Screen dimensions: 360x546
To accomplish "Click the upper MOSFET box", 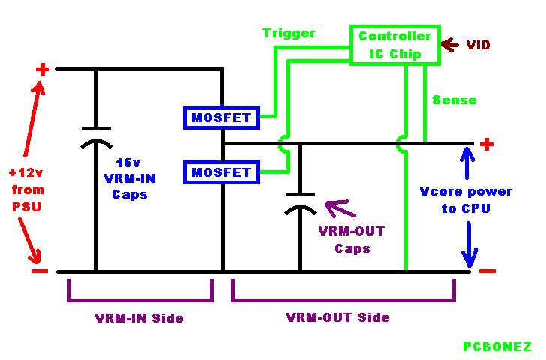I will [221, 118].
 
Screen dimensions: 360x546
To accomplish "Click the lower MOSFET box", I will [221, 172].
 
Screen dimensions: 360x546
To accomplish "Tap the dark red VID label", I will [478, 46].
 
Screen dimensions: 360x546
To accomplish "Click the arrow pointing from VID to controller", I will [449, 45].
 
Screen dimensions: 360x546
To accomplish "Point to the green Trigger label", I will [289, 34].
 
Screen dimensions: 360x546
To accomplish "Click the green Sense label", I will [454, 100].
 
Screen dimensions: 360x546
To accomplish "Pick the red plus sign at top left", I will [42, 70].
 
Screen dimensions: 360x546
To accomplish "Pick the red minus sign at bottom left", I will [40, 271].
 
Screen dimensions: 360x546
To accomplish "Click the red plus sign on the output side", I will [487, 143].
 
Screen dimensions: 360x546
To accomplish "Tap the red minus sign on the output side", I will [487, 271].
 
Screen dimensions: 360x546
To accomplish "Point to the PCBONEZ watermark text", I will [496, 346].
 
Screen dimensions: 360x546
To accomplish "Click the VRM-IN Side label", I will [139, 317].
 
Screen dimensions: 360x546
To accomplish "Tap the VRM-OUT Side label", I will [337, 317].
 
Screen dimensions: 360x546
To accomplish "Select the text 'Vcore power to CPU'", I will [466, 199].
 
